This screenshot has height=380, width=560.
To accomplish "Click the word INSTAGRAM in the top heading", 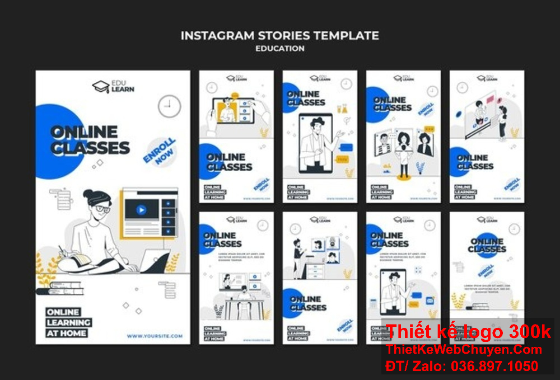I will pos(216,36).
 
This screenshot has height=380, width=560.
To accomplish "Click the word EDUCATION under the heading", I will pos(280,49).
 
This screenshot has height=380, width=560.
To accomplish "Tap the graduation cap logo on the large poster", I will pos(100,87).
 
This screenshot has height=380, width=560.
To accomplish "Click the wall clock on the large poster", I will pos(169,106).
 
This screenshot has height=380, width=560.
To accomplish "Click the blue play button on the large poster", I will pos(141,210).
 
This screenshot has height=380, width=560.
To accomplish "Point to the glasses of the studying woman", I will pos(102,209).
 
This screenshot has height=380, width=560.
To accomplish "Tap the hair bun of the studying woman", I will pos(89,194).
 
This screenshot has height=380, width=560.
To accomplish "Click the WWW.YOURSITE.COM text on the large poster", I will pos(154,336).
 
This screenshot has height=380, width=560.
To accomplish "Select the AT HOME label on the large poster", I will pos(67,333).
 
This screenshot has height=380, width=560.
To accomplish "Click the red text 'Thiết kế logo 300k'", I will pos(468,331).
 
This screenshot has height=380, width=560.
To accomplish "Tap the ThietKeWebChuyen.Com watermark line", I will pos(464,350).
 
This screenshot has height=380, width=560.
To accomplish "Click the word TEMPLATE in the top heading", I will pos(346,36).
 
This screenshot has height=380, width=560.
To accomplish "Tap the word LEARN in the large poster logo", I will pos(122,90).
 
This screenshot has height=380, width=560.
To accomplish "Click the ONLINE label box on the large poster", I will pos(63,312).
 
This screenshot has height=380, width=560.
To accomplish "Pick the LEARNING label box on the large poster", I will pos(69,322).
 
